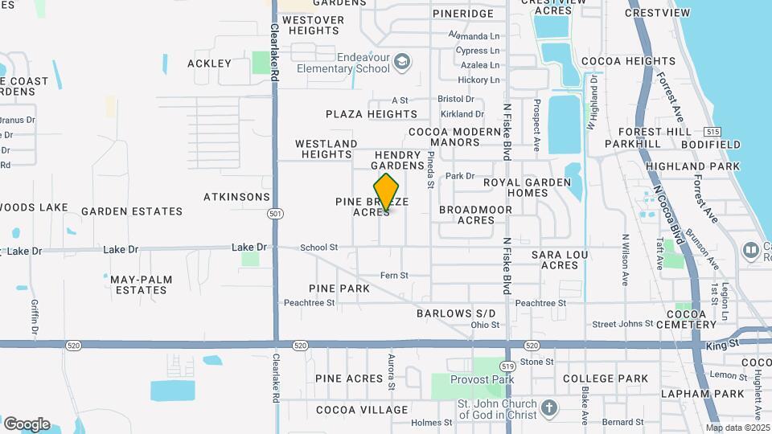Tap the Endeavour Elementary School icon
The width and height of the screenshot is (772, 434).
[x=402, y=62]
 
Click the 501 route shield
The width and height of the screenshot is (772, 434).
[x=274, y=212]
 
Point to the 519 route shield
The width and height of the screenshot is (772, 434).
[x=508, y=354]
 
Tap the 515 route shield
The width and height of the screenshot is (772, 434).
[x=711, y=131]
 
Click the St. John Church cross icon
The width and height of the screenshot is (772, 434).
[x=549, y=408]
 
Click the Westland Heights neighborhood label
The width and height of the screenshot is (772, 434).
[x=326, y=149]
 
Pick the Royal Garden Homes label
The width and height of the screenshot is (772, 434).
[x=527, y=187]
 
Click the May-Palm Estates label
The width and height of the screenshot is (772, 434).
[x=141, y=285]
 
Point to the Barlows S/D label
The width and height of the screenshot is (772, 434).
[x=455, y=313]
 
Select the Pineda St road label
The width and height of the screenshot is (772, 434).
[x=431, y=170]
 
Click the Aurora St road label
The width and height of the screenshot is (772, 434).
[x=392, y=372]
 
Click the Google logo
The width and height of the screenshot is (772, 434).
[x=27, y=424]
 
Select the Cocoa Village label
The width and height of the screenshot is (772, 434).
[x=350, y=409]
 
